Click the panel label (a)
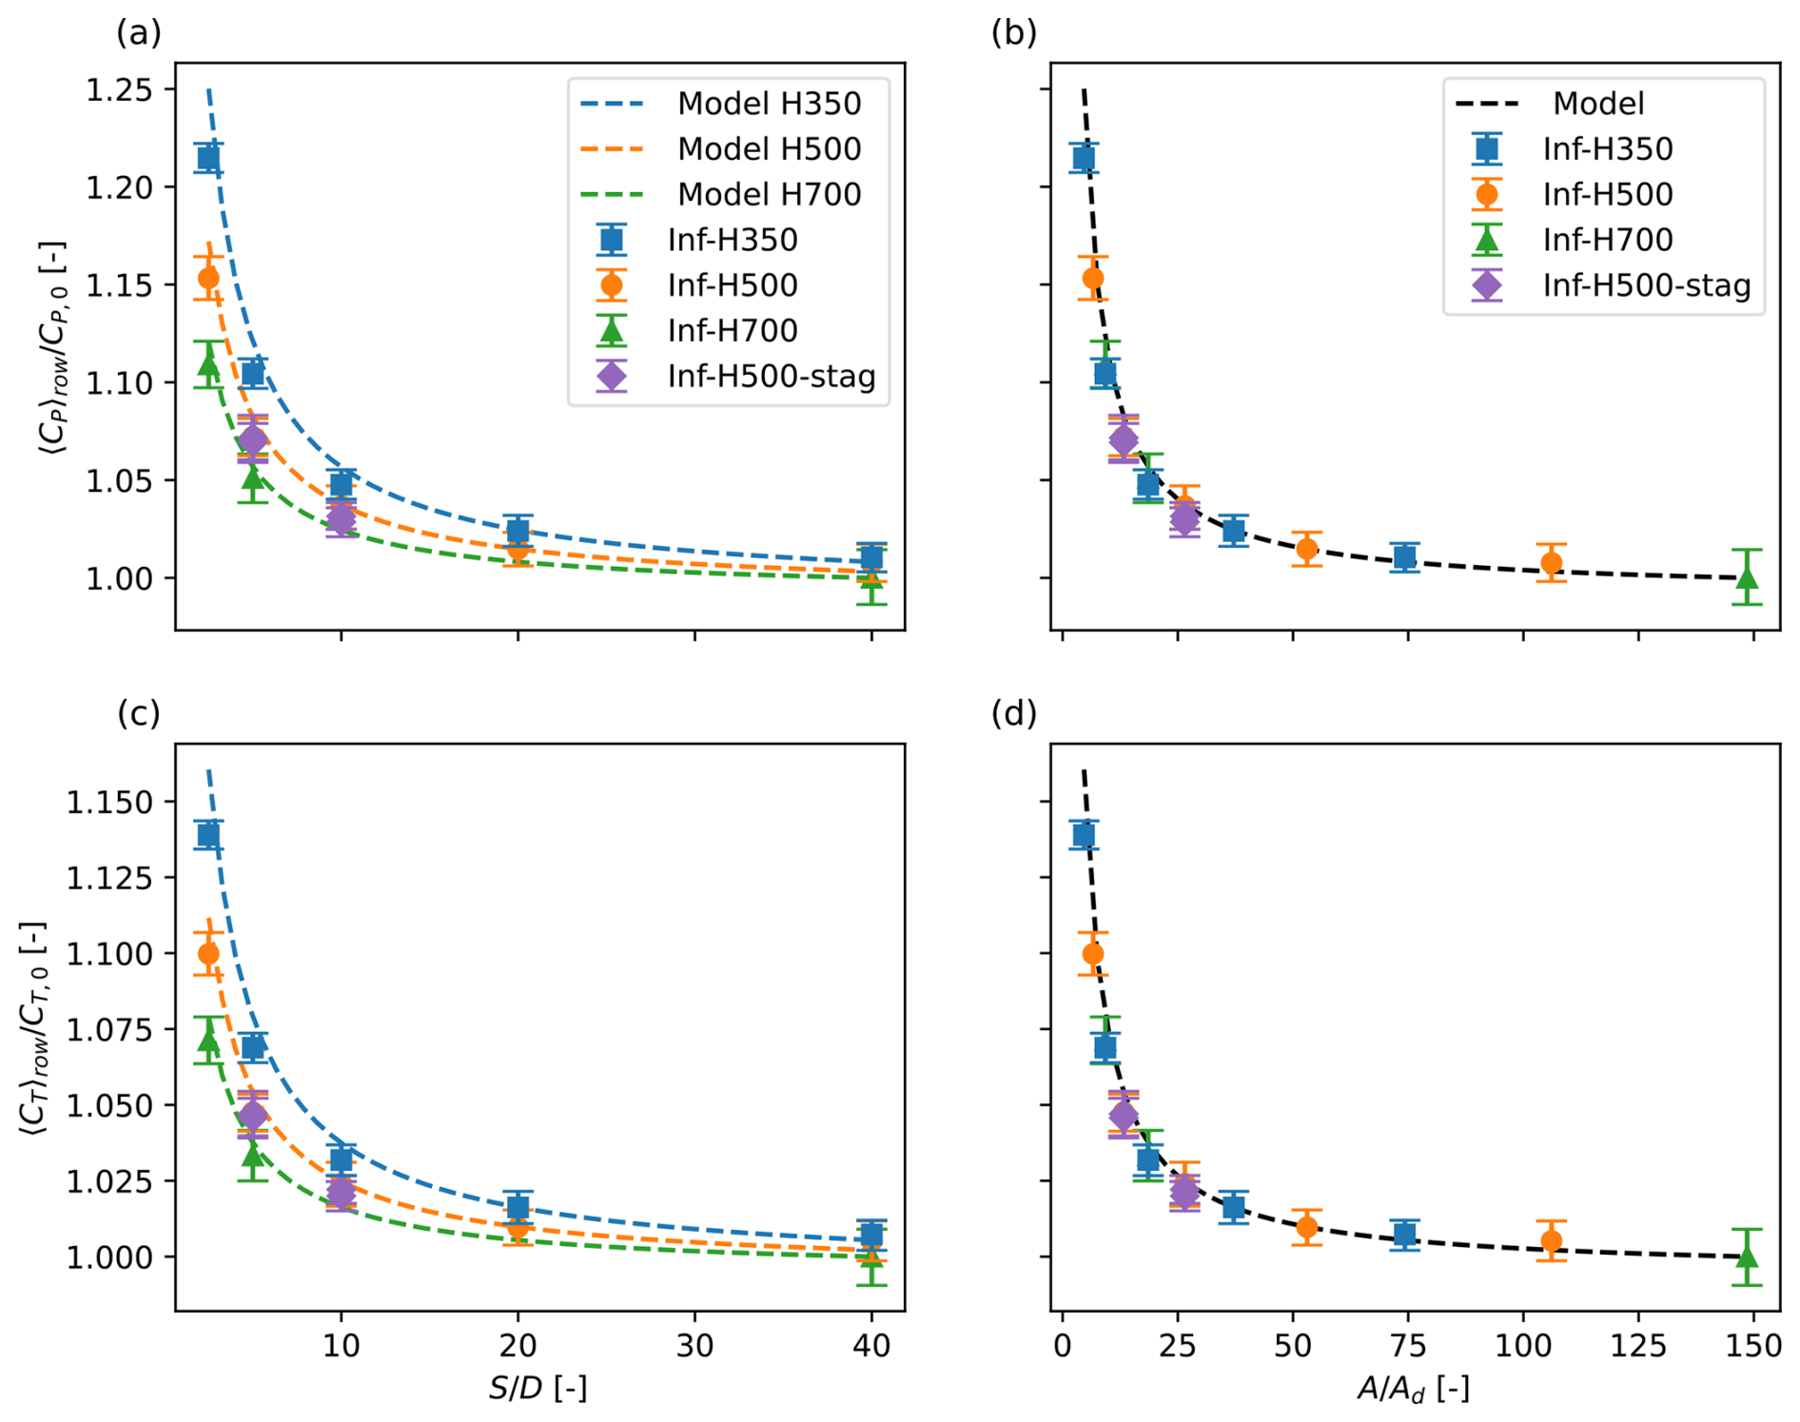tap(139, 33)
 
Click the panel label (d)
tap(1014, 713)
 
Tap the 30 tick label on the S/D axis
tap(695, 1346)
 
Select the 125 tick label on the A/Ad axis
tap(1638, 1346)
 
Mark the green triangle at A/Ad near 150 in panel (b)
tap(1747, 577)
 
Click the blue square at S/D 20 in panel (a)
tap(518, 531)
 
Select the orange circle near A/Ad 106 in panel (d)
tap(1552, 1240)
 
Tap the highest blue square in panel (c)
tap(208, 835)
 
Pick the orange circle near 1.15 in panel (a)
tap(208, 278)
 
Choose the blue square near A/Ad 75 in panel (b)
tap(1404, 557)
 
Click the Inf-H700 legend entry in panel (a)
tap(732, 331)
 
